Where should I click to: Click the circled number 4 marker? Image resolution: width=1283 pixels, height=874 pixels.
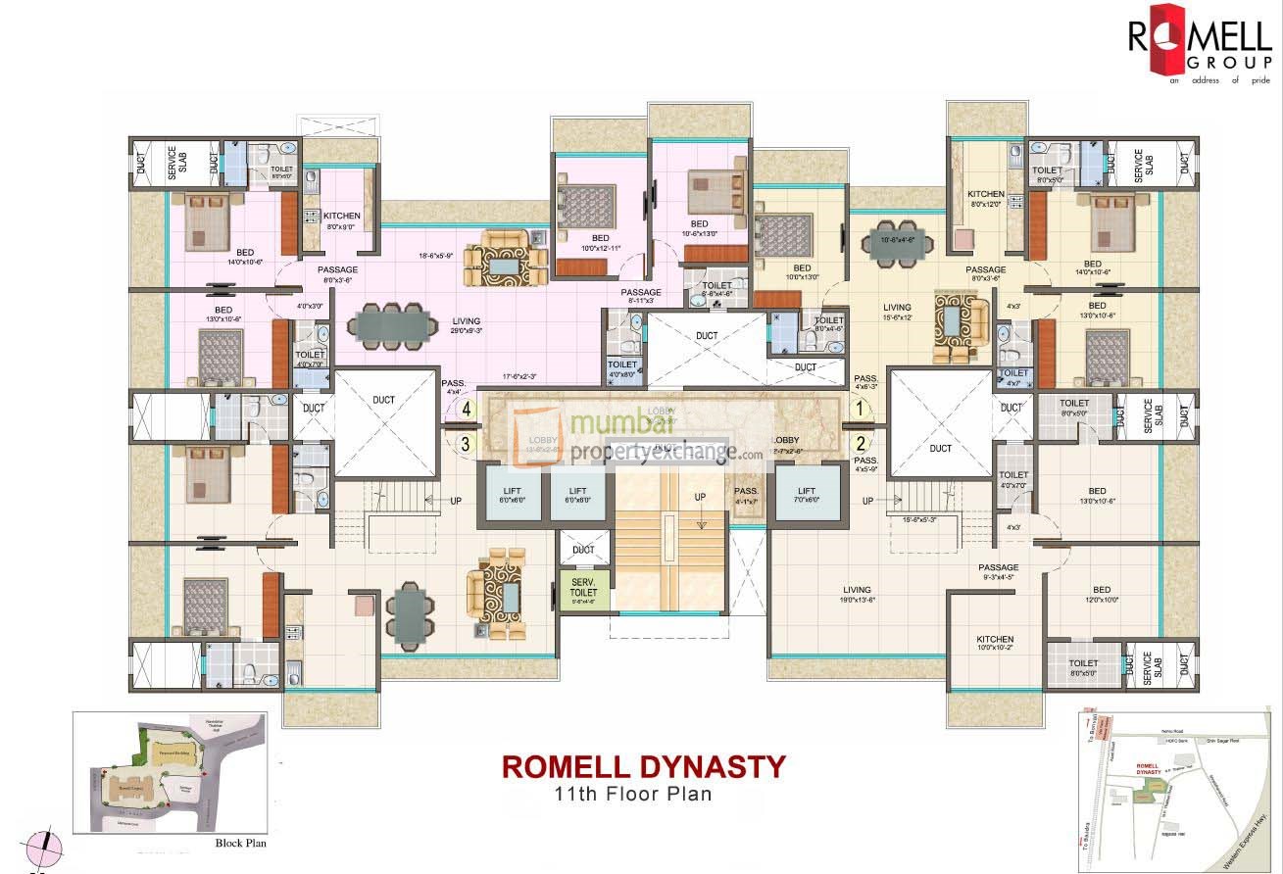point(468,409)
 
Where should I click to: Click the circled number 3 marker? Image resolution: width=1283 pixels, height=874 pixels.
point(468,443)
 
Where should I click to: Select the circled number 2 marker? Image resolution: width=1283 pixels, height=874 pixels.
point(860,442)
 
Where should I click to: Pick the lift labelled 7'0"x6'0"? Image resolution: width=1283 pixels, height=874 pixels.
point(807,492)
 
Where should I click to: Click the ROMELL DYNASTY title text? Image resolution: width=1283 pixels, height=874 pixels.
point(644,765)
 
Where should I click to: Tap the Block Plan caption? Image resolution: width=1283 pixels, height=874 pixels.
point(240,842)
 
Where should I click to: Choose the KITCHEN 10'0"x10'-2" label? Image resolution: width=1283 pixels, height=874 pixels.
point(995,643)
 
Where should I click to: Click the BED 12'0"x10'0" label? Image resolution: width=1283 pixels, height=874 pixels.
point(1103,595)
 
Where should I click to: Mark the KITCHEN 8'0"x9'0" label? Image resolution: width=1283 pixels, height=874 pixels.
point(342,220)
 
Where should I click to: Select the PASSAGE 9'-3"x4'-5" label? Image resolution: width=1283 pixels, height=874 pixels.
point(998,572)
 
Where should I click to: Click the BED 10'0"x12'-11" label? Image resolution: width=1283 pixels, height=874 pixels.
point(600,243)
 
